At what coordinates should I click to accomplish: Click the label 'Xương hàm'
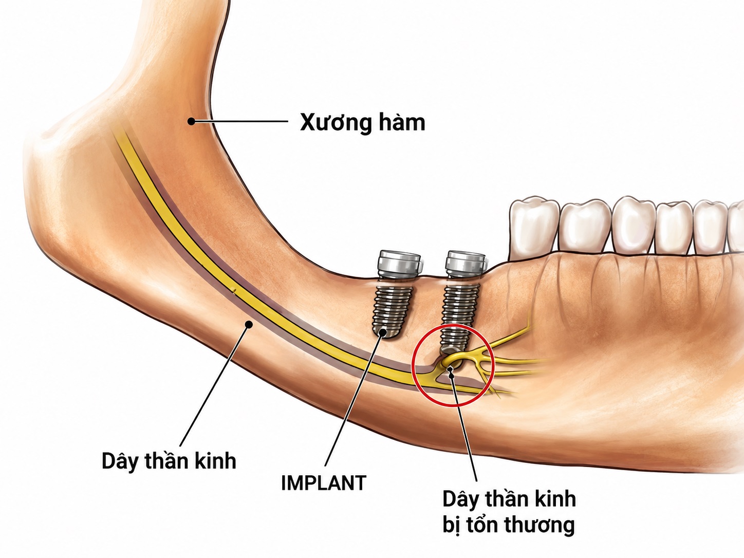click(x=362, y=123)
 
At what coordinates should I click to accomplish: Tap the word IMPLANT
click(x=324, y=483)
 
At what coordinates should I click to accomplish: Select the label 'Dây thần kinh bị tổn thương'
click(x=509, y=512)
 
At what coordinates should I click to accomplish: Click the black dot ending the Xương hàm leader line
click(x=192, y=121)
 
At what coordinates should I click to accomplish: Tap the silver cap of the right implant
click(x=467, y=262)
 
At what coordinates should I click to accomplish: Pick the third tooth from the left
click(x=634, y=225)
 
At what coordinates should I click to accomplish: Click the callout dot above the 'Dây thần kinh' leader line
click(x=249, y=325)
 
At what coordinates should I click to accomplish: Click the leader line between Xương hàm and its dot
click(x=239, y=121)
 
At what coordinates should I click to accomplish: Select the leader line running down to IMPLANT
click(x=354, y=399)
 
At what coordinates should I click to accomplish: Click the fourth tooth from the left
click(x=674, y=227)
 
